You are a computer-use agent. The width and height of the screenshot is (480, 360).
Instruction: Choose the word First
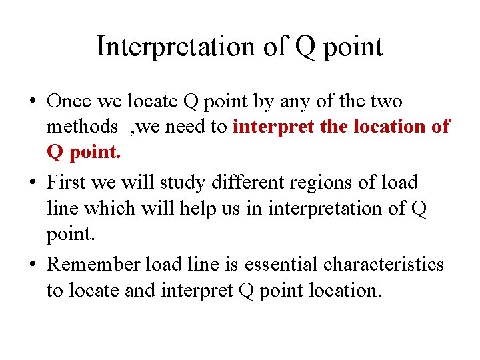pyautogui.click(x=67, y=183)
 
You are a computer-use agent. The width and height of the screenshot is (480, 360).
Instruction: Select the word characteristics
pyautogui.click(x=384, y=265)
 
